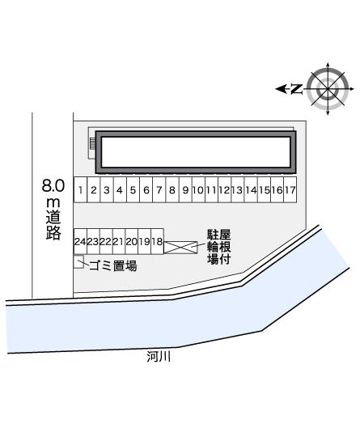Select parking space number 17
(290, 191)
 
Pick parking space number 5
(132, 191)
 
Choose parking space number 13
(237, 191)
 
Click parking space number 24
(80, 241)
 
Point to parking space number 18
(158, 241)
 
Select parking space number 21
(119, 241)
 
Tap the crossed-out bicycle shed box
(180, 247)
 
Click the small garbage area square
(78, 261)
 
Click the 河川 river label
(159, 356)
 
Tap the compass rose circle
(328, 87)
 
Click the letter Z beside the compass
(296, 88)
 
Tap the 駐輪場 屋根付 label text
(219, 247)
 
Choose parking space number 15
(264, 191)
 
